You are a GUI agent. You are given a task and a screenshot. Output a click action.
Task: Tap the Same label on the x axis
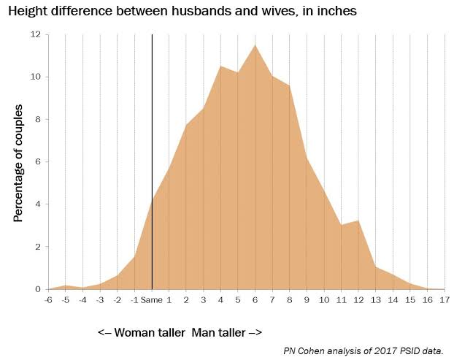coord(152,299)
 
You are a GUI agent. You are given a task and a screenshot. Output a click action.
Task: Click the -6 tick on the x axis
coord(48,299)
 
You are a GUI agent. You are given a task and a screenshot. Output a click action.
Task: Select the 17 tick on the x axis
coord(443,299)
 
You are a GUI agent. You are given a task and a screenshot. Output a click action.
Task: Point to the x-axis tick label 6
coord(255,299)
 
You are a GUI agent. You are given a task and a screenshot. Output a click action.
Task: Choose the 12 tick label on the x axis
coord(358,299)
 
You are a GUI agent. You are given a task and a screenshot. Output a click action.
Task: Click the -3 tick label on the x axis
coord(99,299)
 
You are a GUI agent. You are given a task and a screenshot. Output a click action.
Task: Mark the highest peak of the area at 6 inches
coord(255,46)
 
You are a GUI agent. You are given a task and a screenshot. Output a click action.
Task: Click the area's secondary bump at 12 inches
coord(358,221)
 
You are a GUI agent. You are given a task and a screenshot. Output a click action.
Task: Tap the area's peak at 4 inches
coord(220,66)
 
